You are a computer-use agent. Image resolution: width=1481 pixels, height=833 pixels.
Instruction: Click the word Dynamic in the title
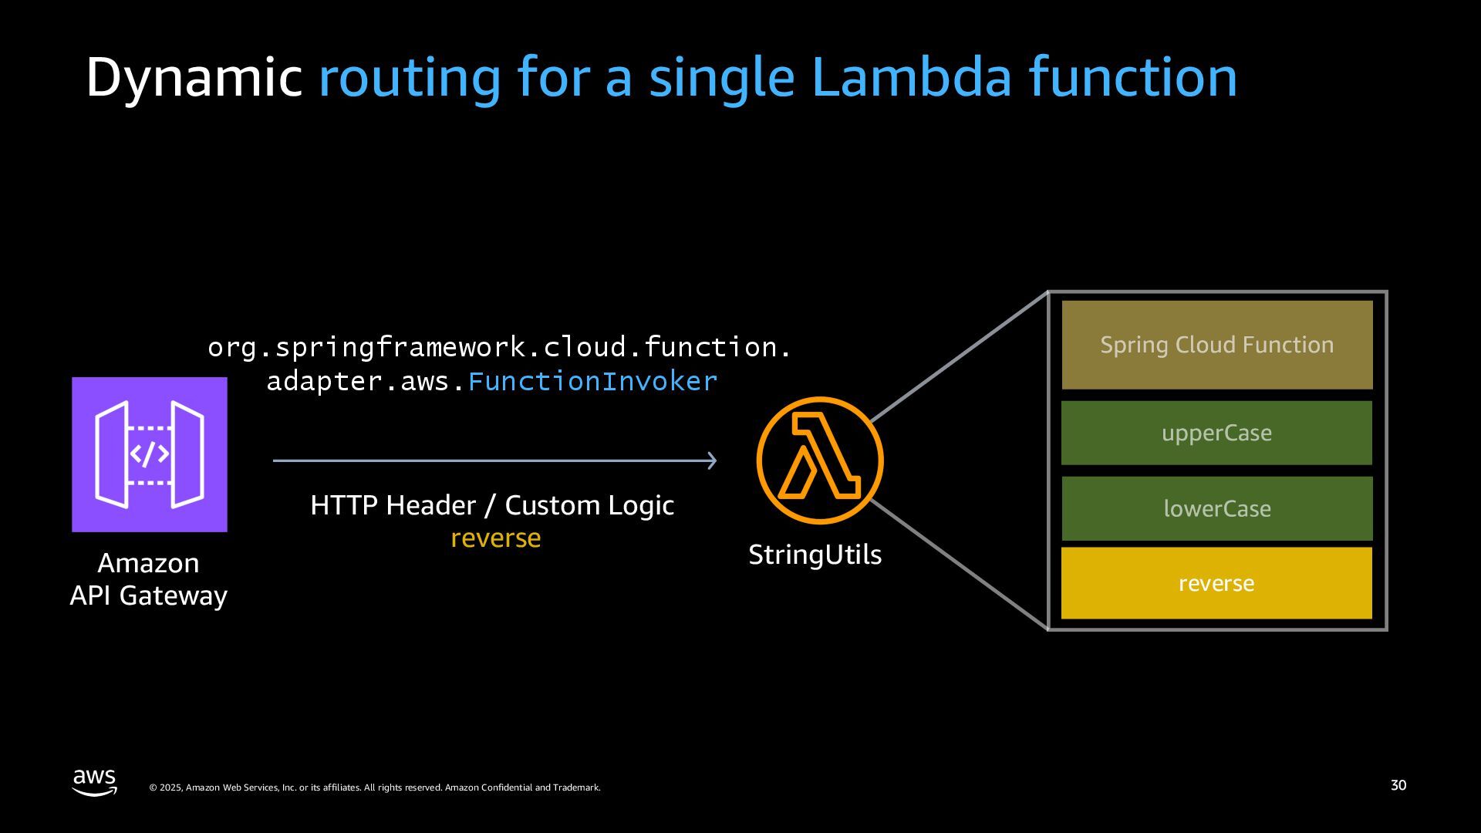click(193, 77)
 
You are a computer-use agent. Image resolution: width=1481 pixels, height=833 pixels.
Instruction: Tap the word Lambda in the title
click(911, 77)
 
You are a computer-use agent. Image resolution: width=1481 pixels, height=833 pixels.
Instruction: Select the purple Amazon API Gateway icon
click(150, 454)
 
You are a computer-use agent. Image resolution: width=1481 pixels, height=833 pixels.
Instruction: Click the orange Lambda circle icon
click(819, 460)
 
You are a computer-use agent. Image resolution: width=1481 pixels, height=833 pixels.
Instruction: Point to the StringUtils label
click(815, 555)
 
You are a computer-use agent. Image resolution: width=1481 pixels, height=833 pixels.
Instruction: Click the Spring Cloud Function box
click(1216, 345)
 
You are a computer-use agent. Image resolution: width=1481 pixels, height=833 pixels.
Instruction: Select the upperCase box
click(1216, 433)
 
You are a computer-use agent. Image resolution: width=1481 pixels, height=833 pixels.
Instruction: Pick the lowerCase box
click(1216, 508)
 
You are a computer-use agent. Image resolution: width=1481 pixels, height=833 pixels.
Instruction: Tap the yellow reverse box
click(1216, 583)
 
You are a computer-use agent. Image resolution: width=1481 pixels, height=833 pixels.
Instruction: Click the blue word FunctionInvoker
click(592, 381)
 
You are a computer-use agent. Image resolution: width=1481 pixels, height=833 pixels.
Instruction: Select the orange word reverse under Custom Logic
click(495, 538)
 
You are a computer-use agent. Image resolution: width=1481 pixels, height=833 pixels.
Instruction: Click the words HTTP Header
click(393, 505)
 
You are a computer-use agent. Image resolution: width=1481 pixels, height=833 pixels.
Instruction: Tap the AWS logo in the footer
click(95, 781)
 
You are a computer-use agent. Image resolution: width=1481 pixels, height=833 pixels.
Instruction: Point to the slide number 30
click(1398, 785)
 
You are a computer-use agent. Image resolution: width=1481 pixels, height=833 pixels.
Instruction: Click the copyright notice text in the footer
click(374, 787)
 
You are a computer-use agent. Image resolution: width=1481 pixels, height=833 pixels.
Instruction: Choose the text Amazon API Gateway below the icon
click(148, 579)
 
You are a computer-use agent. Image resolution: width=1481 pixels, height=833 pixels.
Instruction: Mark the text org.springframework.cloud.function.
click(499, 347)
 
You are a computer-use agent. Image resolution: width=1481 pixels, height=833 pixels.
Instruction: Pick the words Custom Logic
click(589, 505)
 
